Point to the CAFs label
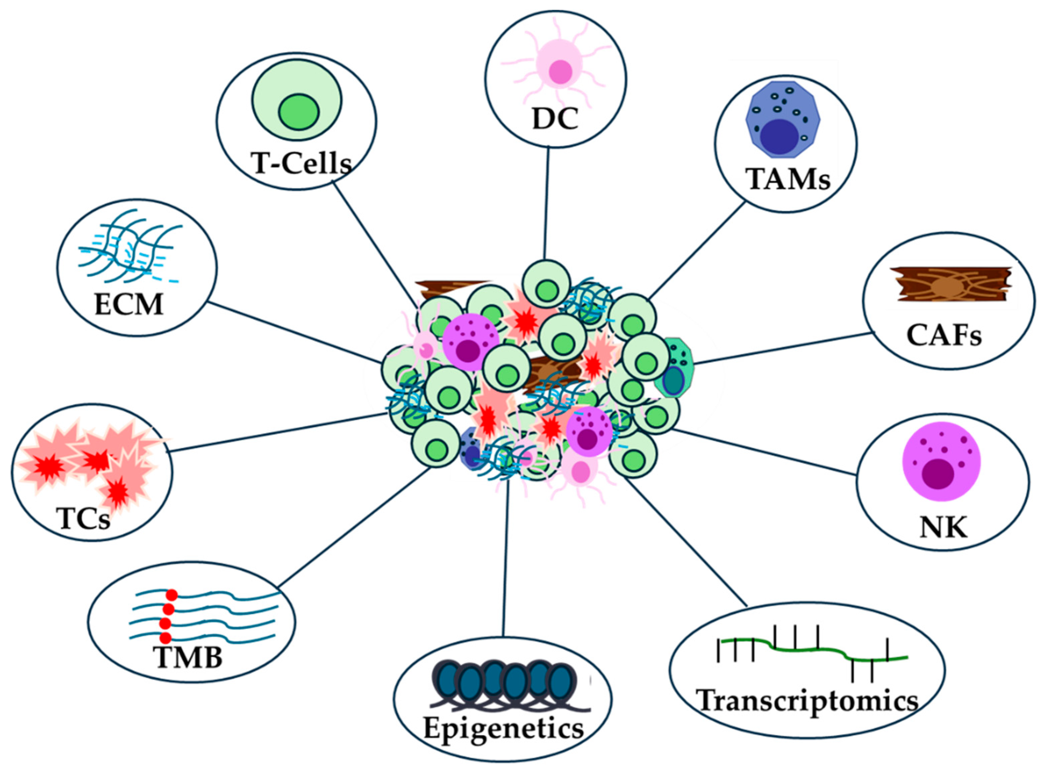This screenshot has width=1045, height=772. (x=944, y=335)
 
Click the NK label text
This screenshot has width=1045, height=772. (x=943, y=528)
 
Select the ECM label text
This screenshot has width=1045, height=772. (x=129, y=305)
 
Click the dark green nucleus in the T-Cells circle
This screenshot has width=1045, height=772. (x=299, y=112)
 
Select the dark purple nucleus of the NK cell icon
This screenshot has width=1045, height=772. (x=938, y=473)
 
